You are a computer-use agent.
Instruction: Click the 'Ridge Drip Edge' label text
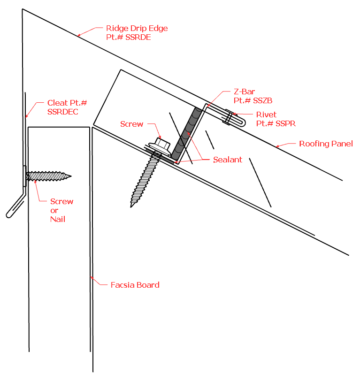point(137,28)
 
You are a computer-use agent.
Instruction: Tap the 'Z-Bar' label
point(244,92)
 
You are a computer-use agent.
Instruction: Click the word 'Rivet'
point(266,115)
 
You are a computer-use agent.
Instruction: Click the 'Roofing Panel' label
point(326,144)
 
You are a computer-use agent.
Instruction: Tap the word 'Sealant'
point(227,160)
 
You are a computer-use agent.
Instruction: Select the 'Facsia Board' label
point(135,284)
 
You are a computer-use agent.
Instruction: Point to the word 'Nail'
point(58,219)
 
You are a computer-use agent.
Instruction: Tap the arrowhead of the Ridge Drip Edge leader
point(78,35)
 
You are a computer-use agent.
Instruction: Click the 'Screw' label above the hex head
point(131,124)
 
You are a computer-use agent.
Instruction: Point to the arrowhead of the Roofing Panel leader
point(276,147)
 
